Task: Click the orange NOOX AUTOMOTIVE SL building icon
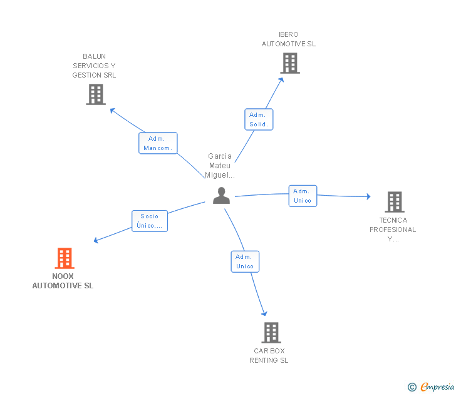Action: pos(65,258)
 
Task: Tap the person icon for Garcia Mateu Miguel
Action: pos(221,195)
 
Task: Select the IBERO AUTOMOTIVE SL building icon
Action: pos(290,63)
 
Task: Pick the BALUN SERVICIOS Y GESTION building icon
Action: pos(96,94)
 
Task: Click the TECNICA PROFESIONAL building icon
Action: pos(395,202)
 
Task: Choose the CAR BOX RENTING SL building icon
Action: pos(271,333)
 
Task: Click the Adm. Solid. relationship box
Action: pos(259,119)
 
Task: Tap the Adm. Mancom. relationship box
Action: pos(158,143)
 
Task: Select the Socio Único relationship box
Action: pos(150,221)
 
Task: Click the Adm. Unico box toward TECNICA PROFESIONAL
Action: pos(303,196)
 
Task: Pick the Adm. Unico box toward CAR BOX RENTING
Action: pos(245,261)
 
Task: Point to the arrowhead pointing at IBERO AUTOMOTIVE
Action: pos(281,80)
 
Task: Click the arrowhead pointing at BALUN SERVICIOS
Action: pos(112,110)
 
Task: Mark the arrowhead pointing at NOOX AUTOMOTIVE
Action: pos(96,240)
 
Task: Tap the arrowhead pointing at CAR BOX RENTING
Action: pos(264,313)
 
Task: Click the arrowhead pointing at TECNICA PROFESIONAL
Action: pos(369,196)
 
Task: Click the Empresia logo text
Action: pos(437,386)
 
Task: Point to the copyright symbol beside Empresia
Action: pos(412,387)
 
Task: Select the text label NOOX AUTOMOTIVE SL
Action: pos(63,281)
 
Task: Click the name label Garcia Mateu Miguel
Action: pos(220,166)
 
